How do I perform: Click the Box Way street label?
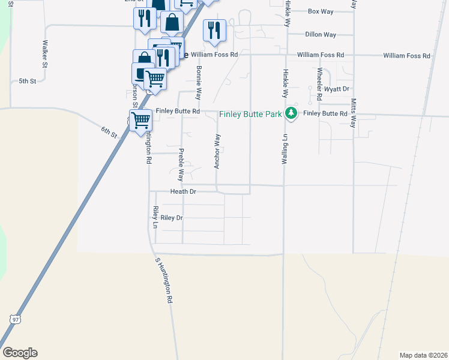[320, 11]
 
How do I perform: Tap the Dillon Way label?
[321, 35]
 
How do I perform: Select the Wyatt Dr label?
[337, 89]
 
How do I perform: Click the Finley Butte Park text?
[251, 114]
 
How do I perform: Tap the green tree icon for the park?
[291, 113]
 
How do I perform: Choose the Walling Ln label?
[285, 150]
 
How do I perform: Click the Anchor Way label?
[218, 151]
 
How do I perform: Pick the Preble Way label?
[181, 165]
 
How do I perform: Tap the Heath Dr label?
[183, 192]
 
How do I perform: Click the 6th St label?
[109, 132]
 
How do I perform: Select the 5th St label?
[28, 80]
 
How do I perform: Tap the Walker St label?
[45, 53]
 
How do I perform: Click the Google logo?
[20, 353]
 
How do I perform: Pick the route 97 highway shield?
[14, 319]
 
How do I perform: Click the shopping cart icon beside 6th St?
[141, 120]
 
